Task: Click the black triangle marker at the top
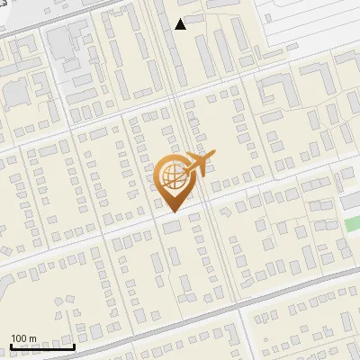click(181, 24)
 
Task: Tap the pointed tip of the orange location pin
click(174, 211)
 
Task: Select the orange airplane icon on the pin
click(199, 166)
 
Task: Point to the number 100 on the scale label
click(19, 338)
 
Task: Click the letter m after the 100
click(32, 338)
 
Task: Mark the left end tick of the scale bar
click(11, 346)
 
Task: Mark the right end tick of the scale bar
click(74, 346)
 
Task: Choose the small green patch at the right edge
click(351, 224)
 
